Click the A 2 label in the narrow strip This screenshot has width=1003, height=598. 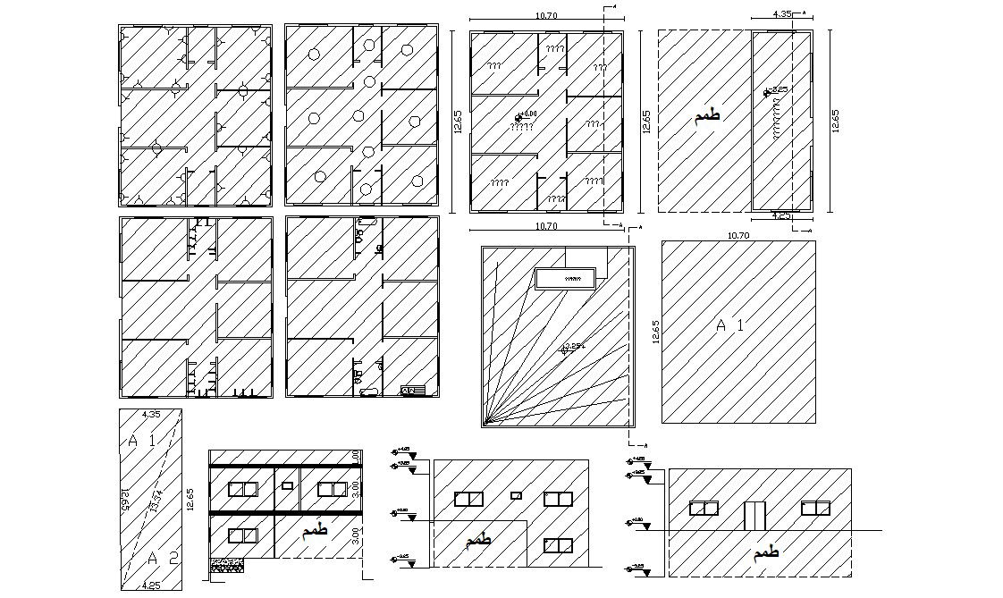coord(163,559)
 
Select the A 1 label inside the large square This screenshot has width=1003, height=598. coord(729,326)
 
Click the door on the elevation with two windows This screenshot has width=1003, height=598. coord(755,516)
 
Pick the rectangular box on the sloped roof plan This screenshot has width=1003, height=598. coord(565,278)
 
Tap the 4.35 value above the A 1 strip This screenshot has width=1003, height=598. coord(151,414)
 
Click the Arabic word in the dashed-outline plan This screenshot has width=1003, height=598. coord(705,116)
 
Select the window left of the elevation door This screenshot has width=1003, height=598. coord(704,508)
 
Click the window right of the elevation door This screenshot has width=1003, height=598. coord(815,508)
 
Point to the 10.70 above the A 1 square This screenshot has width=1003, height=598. coord(737,235)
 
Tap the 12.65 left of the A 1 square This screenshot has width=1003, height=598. coord(655,332)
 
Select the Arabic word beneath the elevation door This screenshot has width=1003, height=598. coord(766,553)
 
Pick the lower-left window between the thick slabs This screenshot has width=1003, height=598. coord(242,535)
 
